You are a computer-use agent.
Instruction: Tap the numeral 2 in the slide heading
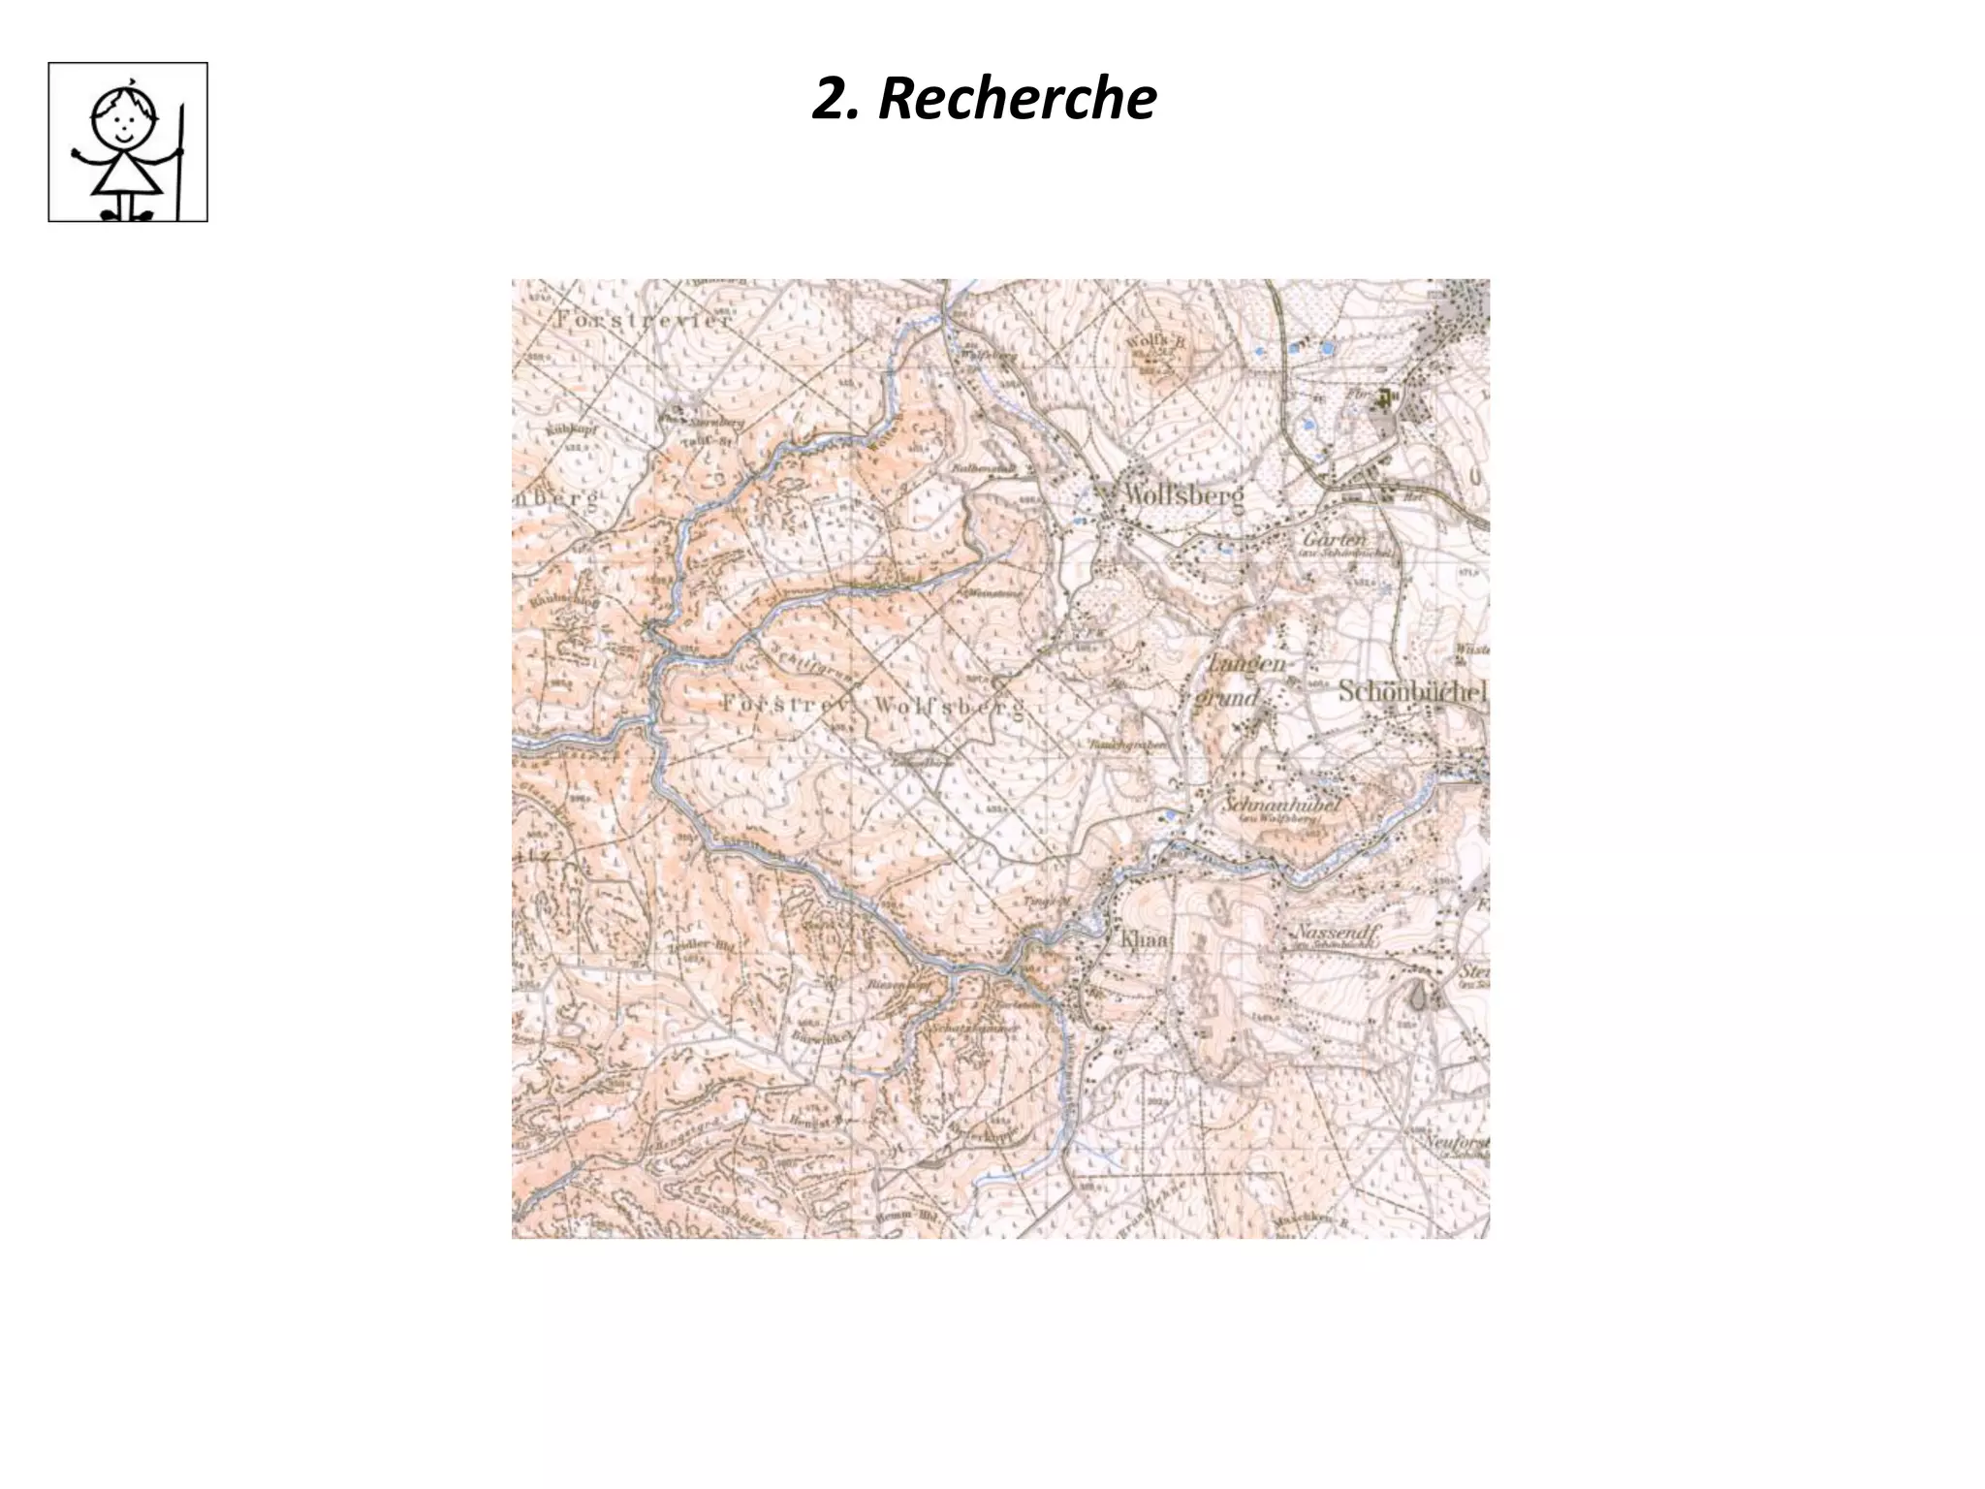pyautogui.click(x=831, y=99)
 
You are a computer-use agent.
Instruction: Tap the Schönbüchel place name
pyautogui.click(x=1412, y=692)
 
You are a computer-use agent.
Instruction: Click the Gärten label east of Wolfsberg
pyautogui.click(x=1335, y=539)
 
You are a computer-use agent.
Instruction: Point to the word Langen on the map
pyautogui.click(x=1246, y=664)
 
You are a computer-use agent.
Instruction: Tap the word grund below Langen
pyautogui.click(x=1228, y=696)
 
